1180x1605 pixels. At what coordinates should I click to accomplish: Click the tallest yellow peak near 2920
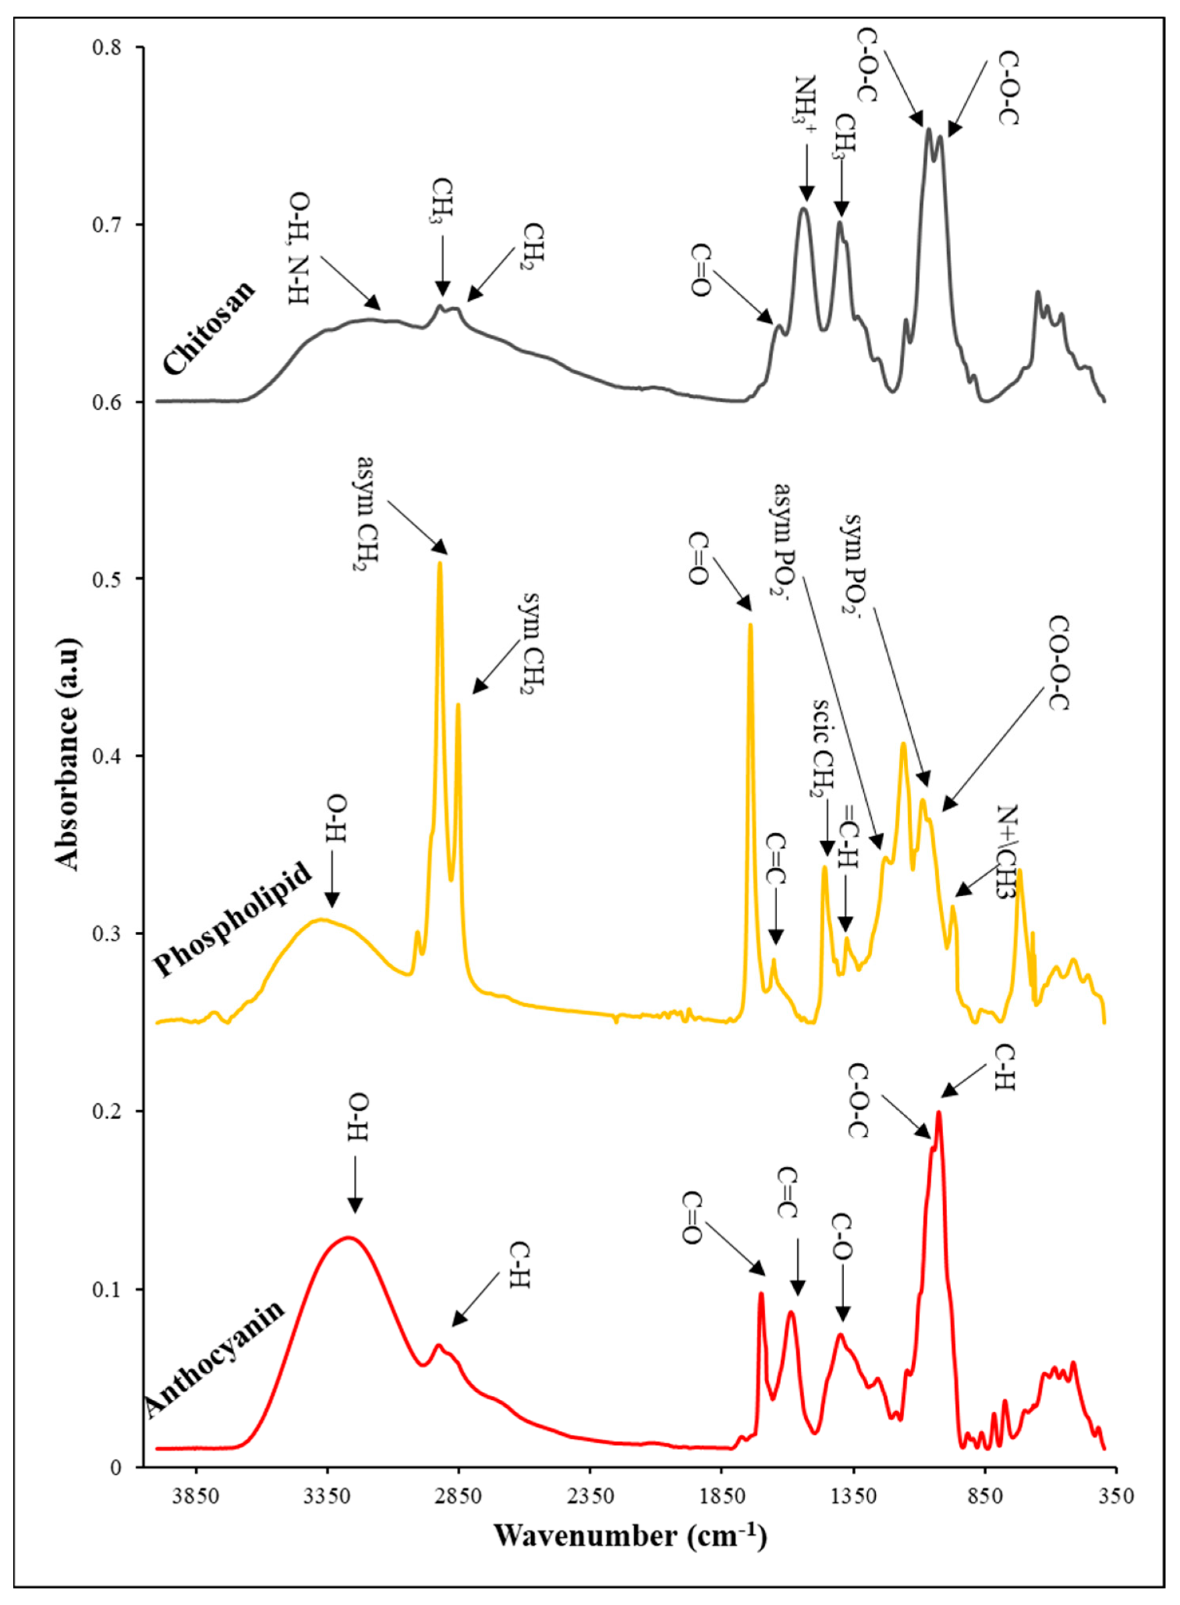440,563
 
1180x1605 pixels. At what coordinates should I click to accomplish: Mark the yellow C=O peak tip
750,625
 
